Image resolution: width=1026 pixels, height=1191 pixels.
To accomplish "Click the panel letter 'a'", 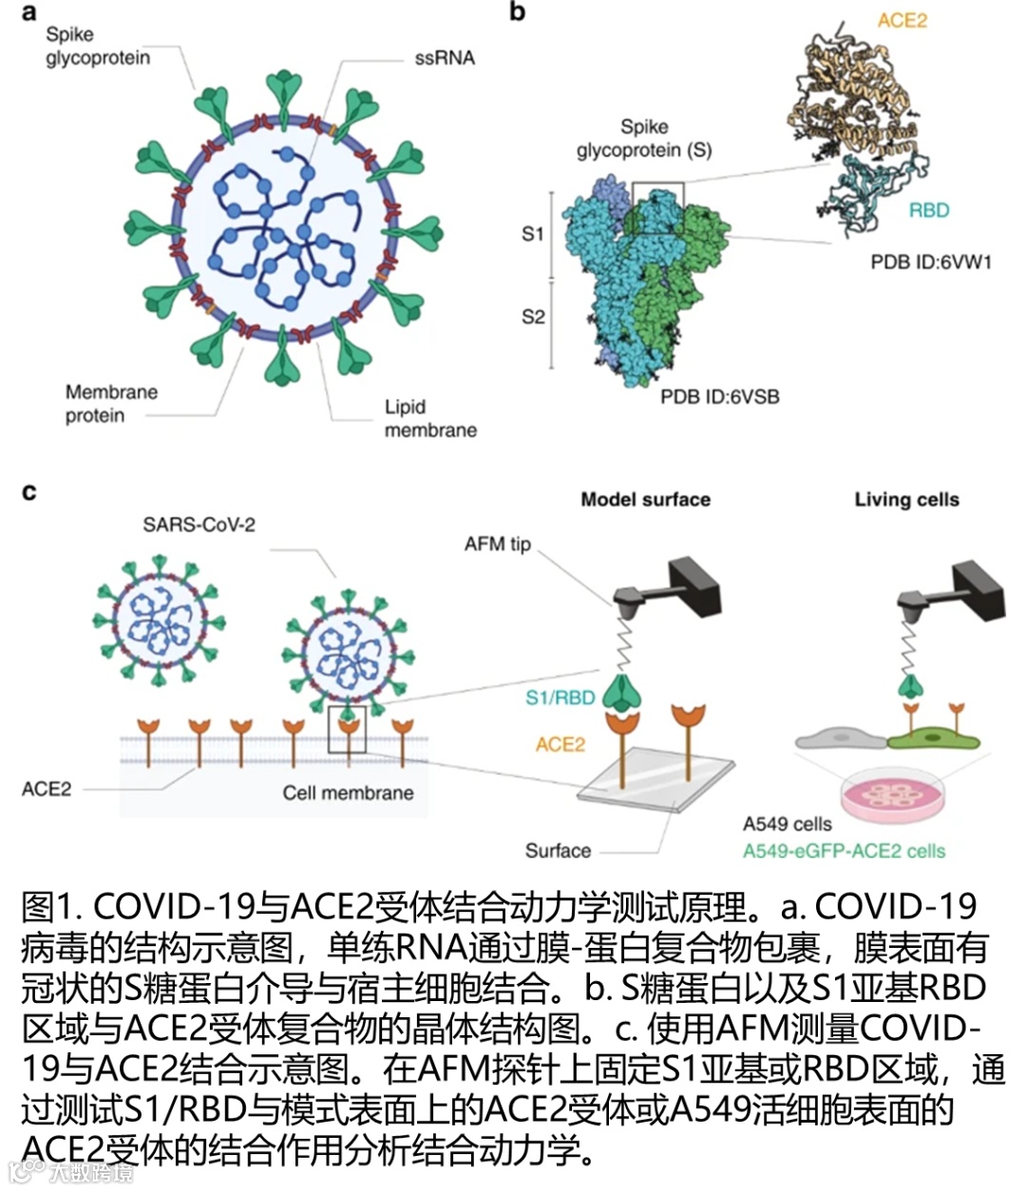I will tap(29, 12).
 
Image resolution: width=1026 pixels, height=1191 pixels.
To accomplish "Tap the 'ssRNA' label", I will tap(444, 58).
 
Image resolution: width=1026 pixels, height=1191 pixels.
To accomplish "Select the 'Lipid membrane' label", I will tap(429, 418).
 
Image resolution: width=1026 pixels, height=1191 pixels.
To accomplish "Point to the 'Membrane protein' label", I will tap(111, 403).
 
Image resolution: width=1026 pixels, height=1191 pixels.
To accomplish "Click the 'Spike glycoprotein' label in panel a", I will tap(97, 46).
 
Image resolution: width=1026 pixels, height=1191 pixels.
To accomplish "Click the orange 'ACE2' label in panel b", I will tap(902, 20).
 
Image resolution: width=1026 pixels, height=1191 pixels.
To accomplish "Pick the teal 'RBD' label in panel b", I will tap(928, 210).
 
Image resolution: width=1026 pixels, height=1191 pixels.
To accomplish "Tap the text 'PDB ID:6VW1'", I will tap(930, 261).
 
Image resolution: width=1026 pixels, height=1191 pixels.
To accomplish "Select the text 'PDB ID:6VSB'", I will tap(719, 396).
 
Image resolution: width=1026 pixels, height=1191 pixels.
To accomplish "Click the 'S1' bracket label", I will tap(533, 233).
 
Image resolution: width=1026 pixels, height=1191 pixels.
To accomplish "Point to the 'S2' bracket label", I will tap(533, 316).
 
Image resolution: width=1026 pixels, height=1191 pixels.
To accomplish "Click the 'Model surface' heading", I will tap(645, 500).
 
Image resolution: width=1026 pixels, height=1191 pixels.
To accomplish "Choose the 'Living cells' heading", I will tap(906, 500).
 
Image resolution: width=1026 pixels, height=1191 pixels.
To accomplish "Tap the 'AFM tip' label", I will tap(497, 544).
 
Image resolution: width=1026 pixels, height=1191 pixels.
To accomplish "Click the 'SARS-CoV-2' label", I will tap(199, 524).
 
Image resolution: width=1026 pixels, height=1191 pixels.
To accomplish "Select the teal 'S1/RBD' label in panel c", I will tap(560, 698).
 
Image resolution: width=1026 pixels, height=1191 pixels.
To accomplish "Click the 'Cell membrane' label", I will tap(348, 793).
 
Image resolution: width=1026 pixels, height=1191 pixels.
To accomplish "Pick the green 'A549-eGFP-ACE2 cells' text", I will tap(844, 851).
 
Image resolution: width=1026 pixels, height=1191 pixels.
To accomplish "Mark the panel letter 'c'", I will tap(29, 491).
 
